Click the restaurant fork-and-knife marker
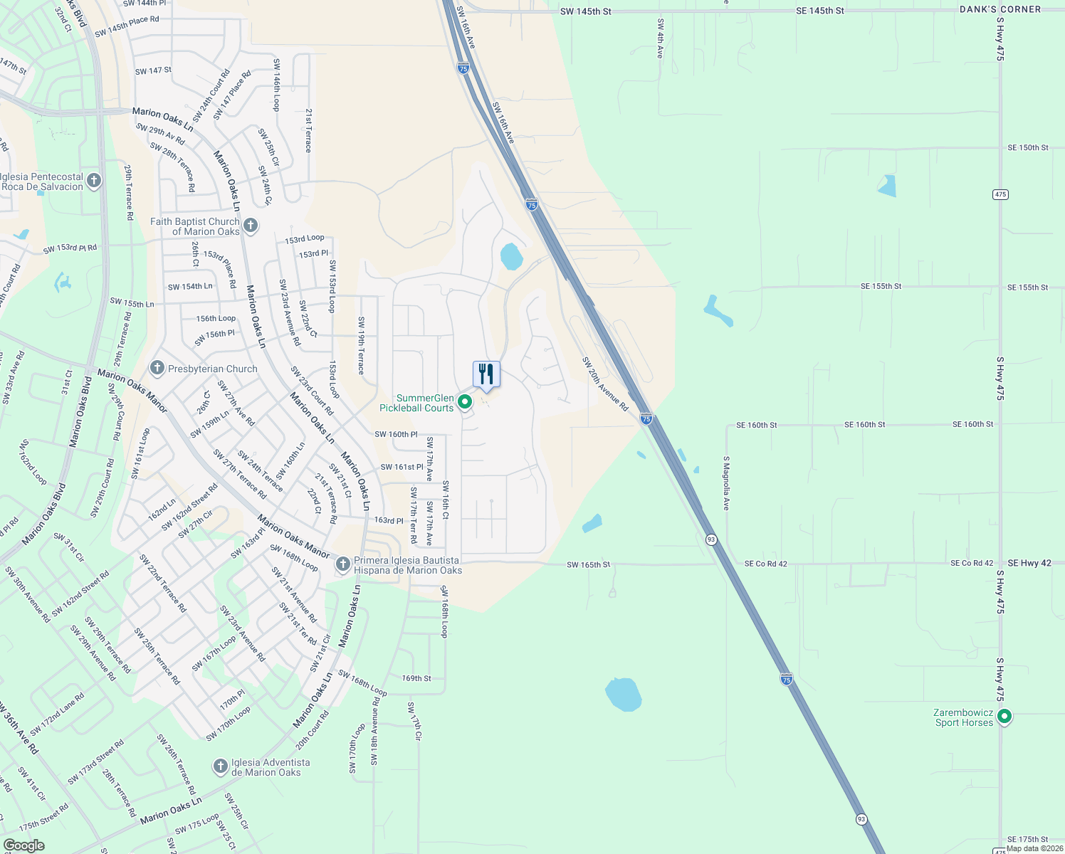486,374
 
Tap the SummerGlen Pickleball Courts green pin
465,402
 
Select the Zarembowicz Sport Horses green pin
1004,716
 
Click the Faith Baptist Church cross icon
250,226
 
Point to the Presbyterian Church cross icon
157,368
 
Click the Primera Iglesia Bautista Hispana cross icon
343,564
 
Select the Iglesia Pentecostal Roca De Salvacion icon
94,181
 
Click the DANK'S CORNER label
1000,9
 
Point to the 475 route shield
1000,194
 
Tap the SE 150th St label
1028,148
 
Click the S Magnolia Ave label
726,483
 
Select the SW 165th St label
588,564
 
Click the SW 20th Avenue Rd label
605,384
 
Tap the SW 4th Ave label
661,38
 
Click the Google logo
24,845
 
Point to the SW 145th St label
585,11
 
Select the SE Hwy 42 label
1026,563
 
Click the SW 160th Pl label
396,434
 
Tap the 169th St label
416,678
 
